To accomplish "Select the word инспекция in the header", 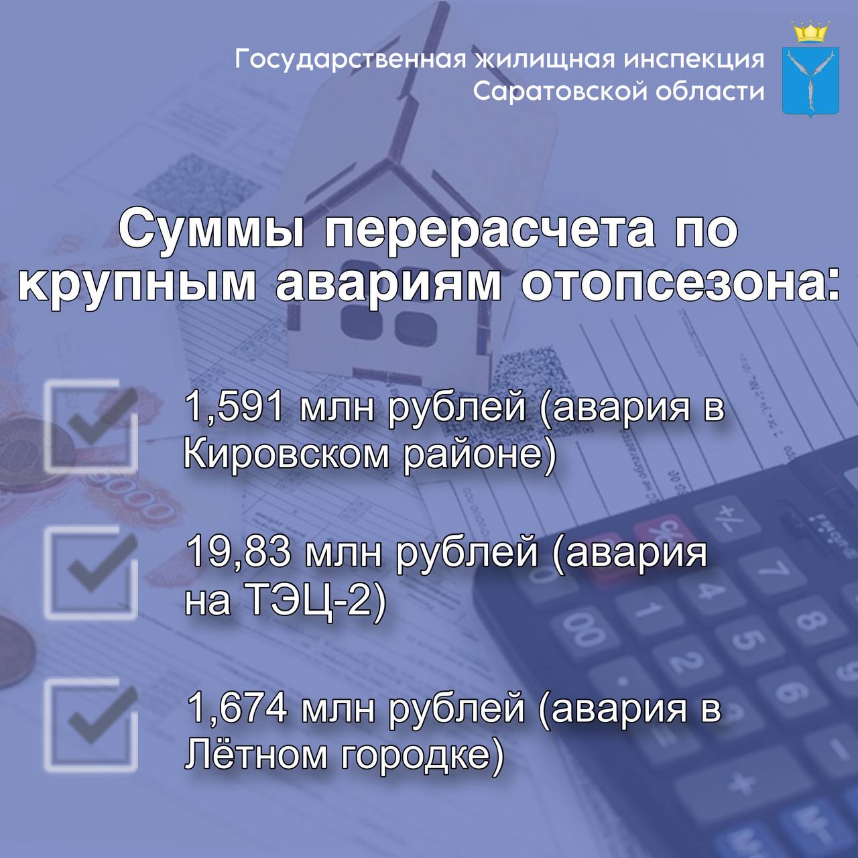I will pos(694,59).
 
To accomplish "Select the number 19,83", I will pos(239,554).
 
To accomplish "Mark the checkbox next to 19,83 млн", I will pos(91,571).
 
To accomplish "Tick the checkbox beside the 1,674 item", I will pos(91,724).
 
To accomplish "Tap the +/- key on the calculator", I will pos(723,516).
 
